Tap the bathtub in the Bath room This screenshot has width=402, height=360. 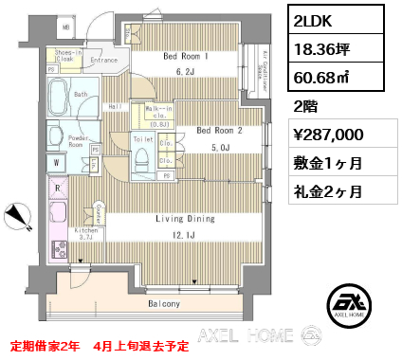69,96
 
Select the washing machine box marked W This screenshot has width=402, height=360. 57,163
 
